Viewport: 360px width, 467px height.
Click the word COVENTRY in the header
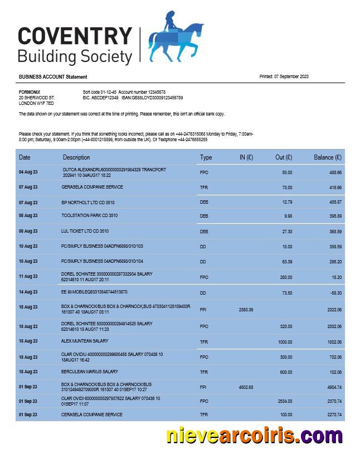tap(75, 37)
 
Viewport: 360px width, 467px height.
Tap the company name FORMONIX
tap(30, 92)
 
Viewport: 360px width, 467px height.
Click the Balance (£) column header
tap(327, 157)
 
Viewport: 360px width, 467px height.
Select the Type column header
tap(206, 157)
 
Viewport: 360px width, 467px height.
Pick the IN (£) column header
tap(246, 157)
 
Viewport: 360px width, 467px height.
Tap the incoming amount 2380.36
tap(246, 309)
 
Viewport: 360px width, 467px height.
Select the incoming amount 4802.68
tap(246, 387)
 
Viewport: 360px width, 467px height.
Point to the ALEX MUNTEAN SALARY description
tap(85, 340)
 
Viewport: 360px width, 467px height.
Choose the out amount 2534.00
tap(284, 401)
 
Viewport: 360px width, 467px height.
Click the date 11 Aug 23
tap(28, 276)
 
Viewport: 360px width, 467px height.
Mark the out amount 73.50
tap(287, 292)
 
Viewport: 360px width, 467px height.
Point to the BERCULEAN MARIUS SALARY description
tap(90, 372)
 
